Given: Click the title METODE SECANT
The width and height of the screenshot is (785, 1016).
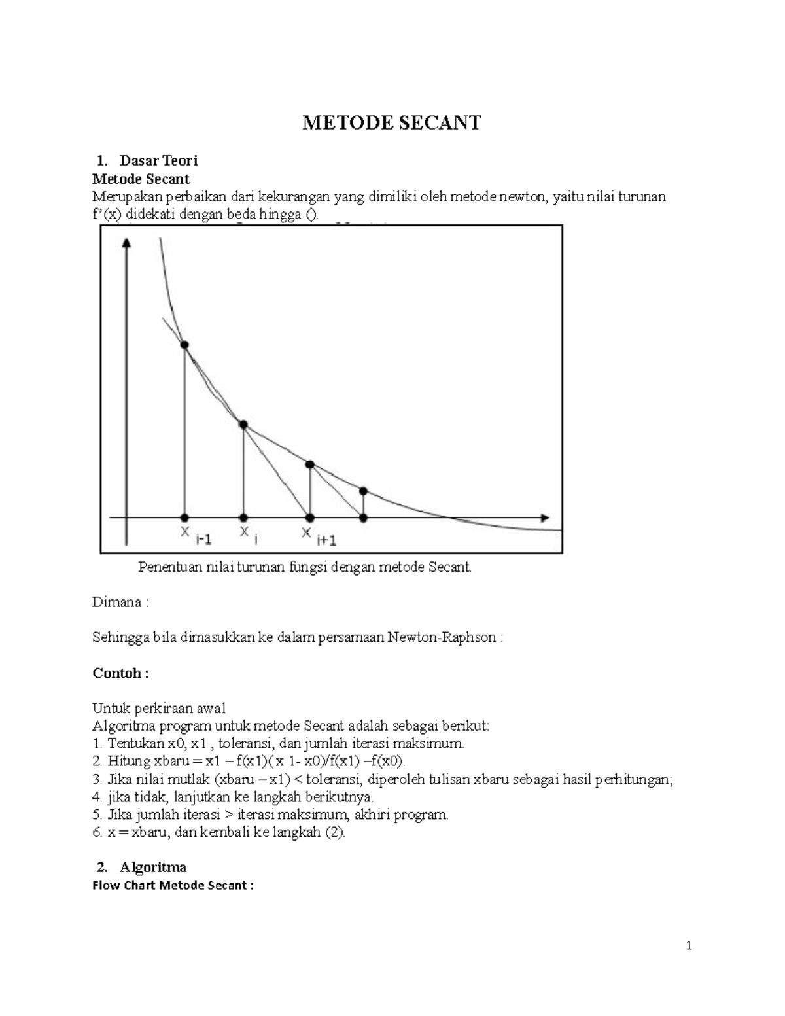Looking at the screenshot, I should [x=391, y=122].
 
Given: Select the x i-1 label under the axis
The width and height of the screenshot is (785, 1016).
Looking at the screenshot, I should [x=196, y=535].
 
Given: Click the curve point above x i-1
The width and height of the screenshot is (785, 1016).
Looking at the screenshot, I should [x=184, y=345].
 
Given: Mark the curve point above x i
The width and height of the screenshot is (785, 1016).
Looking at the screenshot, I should [x=243, y=425].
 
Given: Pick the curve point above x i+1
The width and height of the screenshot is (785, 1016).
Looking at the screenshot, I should [x=310, y=464].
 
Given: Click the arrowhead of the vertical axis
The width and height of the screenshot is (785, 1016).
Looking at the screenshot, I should [x=127, y=243].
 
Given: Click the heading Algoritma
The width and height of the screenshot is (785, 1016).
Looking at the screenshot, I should [x=153, y=867].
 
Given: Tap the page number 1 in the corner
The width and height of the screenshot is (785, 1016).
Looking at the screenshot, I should [x=689, y=945].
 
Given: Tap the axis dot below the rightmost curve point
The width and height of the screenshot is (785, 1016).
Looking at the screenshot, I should [x=364, y=517].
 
